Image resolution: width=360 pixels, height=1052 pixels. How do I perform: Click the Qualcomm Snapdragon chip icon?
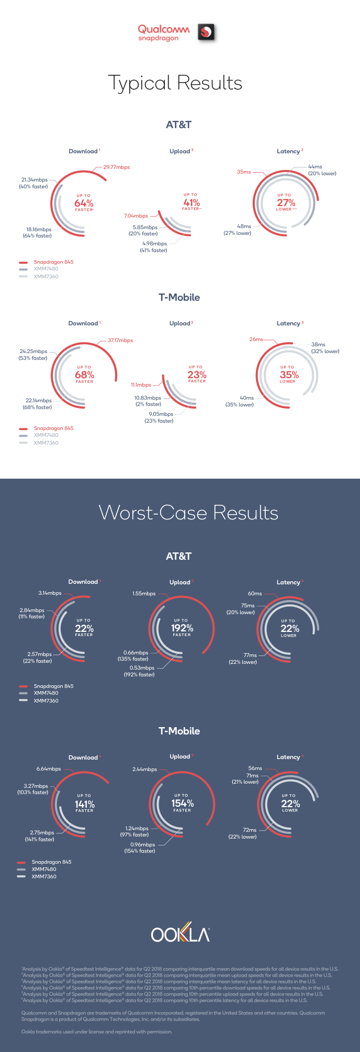click(x=206, y=32)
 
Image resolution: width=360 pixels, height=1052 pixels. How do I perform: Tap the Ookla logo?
click(x=180, y=935)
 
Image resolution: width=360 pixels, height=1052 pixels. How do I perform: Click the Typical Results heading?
click(x=175, y=83)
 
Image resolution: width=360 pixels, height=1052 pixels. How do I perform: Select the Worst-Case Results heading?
click(x=188, y=513)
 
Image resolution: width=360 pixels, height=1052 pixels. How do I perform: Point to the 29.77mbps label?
click(x=116, y=167)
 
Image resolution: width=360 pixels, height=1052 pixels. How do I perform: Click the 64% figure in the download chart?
click(x=84, y=203)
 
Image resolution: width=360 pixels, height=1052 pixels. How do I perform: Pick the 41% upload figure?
click(x=192, y=202)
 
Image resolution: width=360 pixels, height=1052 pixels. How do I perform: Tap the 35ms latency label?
click(x=244, y=172)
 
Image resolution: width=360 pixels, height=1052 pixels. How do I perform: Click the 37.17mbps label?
click(x=120, y=341)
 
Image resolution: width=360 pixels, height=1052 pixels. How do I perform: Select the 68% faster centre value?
click(x=84, y=375)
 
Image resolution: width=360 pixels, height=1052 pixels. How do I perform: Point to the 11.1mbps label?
click(x=141, y=385)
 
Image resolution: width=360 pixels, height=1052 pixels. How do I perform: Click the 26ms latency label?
click(x=256, y=340)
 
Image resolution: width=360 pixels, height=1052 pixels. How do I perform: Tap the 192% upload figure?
click(x=182, y=628)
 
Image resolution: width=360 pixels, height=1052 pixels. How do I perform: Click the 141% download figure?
click(x=84, y=804)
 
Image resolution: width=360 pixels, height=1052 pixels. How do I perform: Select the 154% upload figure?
click(x=182, y=803)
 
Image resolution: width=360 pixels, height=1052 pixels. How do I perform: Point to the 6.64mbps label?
click(x=49, y=769)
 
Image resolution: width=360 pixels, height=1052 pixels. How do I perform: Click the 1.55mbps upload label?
click(x=144, y=594)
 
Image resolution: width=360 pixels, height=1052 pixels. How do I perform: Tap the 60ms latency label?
click(x=255, y=594)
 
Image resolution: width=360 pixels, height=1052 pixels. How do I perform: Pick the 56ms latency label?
click(x=255, y=768)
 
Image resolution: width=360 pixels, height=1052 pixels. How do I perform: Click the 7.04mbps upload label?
click(x=136, y=216)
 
